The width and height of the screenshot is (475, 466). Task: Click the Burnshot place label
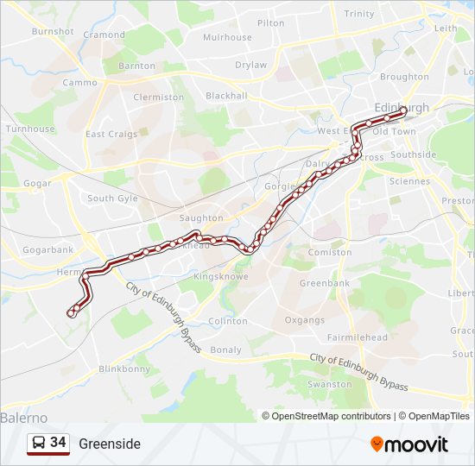[53, 31]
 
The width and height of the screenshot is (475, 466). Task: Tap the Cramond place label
[104, 35]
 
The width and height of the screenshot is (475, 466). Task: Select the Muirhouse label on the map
[227, 38]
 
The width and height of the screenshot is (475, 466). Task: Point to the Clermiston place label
[158, 98]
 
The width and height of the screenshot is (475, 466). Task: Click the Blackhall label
[226, 96]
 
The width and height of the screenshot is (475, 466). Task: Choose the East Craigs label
[111, 135]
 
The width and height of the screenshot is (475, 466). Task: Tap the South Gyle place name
[112, 198]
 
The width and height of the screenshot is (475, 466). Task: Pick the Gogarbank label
[48, 249]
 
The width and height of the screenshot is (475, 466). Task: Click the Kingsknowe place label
[220, 277]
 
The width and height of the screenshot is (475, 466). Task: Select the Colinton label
[227, 321]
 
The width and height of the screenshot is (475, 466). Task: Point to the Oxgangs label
[304, 319]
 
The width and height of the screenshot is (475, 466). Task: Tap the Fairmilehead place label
[357, 337]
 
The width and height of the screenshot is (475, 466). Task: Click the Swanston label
[329, 384]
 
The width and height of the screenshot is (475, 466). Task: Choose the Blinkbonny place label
[124, 368]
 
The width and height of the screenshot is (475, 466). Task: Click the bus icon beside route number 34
[39, 444]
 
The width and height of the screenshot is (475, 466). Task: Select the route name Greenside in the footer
[109, 444]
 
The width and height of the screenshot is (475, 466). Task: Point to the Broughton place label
[404, 77]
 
